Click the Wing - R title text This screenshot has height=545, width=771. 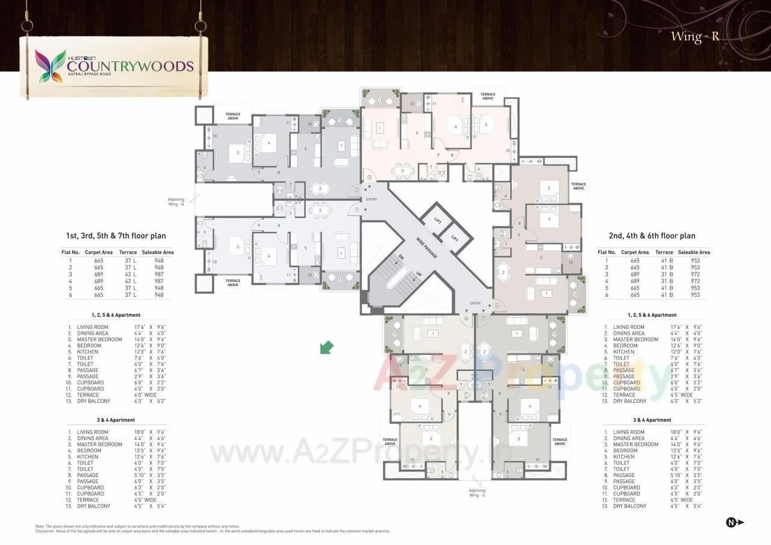point(695,37)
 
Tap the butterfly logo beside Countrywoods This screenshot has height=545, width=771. point(51,66)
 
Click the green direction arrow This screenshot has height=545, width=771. point(326,347)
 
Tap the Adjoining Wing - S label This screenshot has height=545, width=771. point(477,493)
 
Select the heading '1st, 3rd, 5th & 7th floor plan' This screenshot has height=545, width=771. point(116,236)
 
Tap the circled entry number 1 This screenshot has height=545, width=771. point(357,210)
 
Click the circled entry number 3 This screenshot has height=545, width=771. point(369,178)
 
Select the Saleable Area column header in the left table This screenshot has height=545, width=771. point(158,252)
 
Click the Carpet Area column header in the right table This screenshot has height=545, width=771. point(634,252)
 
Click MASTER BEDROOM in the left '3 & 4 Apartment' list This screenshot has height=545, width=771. point(99,444)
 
